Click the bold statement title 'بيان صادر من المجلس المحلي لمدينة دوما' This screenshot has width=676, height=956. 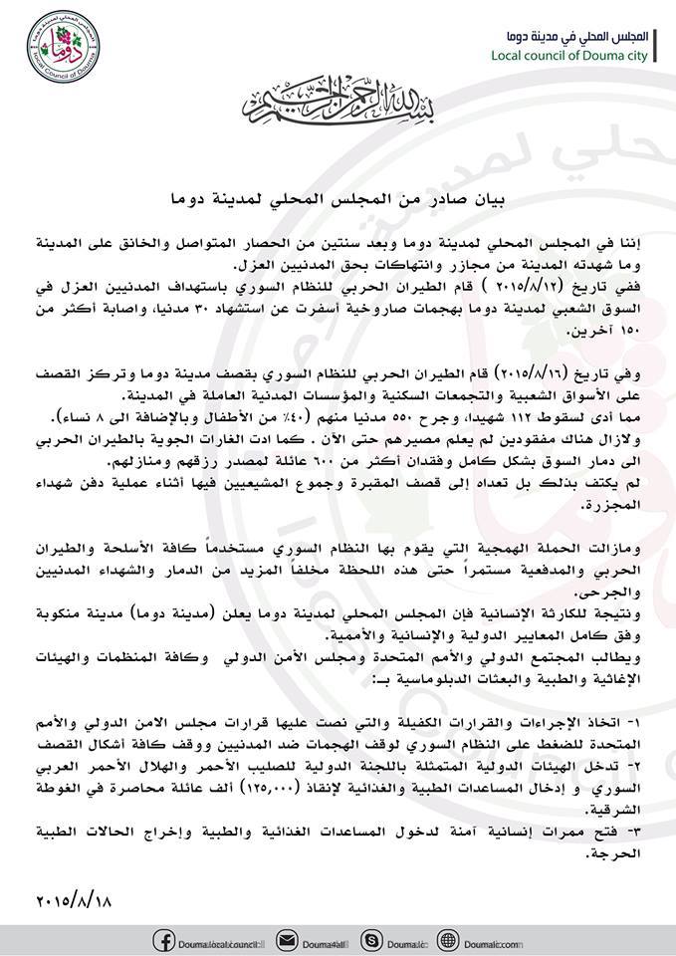point(336,198)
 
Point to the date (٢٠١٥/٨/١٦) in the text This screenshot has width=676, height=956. point(548,367)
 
